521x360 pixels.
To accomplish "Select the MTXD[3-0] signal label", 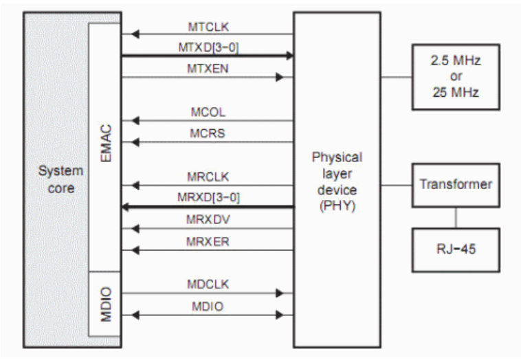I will click(208, 46).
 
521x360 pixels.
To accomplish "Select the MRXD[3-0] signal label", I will click(208, 196).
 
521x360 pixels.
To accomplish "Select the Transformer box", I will click(455, 185).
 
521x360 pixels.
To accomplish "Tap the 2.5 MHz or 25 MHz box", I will click(455, 77).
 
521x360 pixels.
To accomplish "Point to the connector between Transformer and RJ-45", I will click(455, 216).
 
